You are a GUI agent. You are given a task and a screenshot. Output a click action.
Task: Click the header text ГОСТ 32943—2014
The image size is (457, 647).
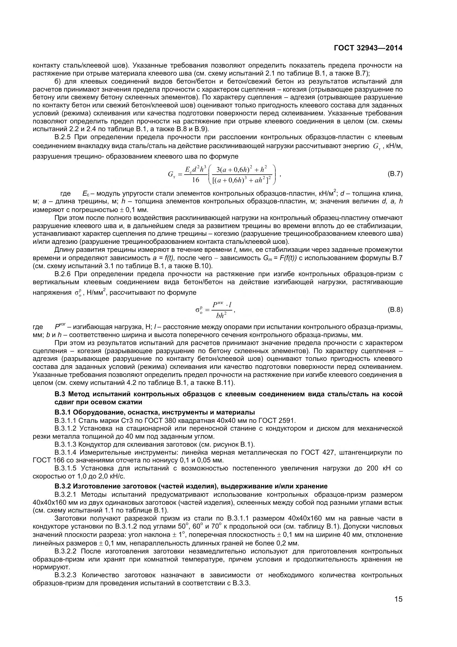coord(368,48)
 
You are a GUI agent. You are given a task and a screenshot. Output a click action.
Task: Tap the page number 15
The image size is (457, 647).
coord(398,607)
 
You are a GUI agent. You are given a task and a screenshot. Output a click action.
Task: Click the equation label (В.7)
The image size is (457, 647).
coord(395,174)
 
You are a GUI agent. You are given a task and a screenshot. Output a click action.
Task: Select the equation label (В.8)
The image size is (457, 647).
coord(395,310)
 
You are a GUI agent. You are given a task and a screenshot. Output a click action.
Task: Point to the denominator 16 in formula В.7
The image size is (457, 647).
coord(195,180)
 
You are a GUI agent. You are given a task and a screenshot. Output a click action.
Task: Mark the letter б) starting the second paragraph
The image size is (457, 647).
coord(58,82)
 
